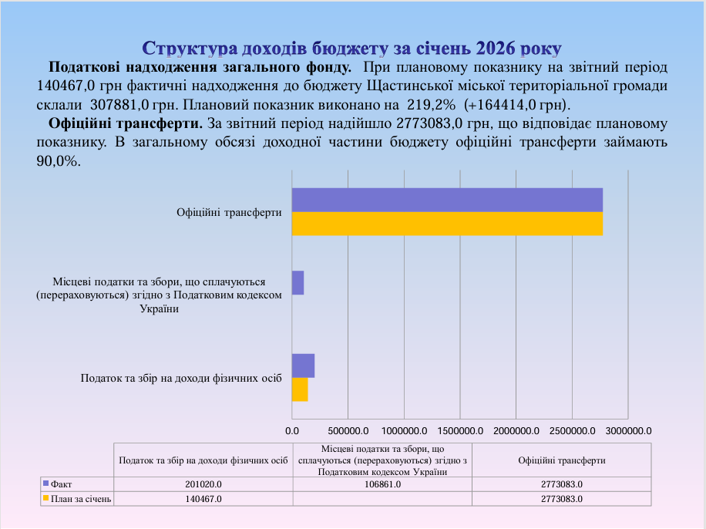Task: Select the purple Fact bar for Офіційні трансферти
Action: (x=447, y=200)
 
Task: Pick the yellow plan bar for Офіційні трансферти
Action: (x=447, y=224)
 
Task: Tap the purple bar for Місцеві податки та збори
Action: (x=298, y=283)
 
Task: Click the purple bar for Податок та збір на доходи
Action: (x=303, y=366)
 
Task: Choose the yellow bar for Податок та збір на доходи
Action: (x=300, y=389)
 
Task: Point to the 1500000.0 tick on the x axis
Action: (x=460, y=430)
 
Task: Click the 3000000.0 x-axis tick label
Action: (x=628, y=430)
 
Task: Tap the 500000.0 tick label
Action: (x=348, y=430)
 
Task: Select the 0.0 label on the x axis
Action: (x=292, y=430)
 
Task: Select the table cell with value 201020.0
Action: (x=203, y=484)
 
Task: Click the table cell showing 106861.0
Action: (x=382, y=484)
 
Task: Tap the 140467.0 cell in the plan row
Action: (x=203, y=499)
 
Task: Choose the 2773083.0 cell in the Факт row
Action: (x=561, y=484)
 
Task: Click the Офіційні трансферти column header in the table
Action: (x=561, y=460)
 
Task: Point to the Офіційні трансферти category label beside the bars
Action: (x=229, y=212)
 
